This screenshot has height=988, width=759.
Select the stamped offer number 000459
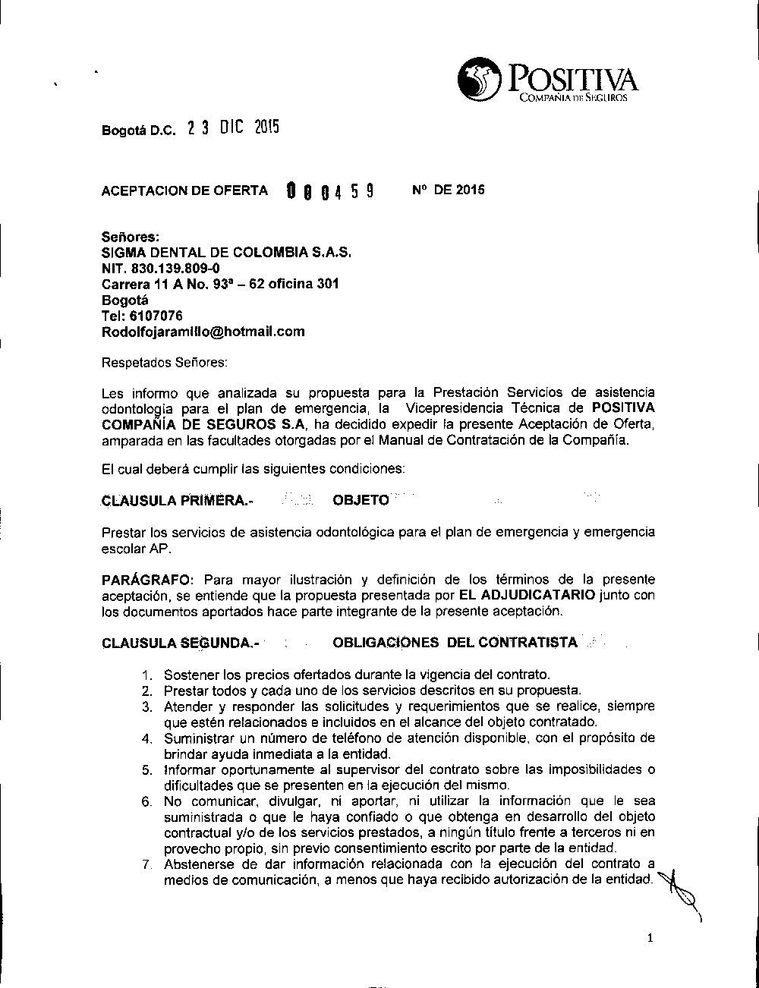coord(329,190)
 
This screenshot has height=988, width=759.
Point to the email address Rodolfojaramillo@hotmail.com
coord(203,332)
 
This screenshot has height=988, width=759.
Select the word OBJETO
coord(361,500)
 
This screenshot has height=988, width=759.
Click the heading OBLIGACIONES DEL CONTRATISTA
coord(455,643)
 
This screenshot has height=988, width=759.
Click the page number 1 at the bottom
coord(650,938)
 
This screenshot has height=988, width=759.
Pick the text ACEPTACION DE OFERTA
coord(184,190)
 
